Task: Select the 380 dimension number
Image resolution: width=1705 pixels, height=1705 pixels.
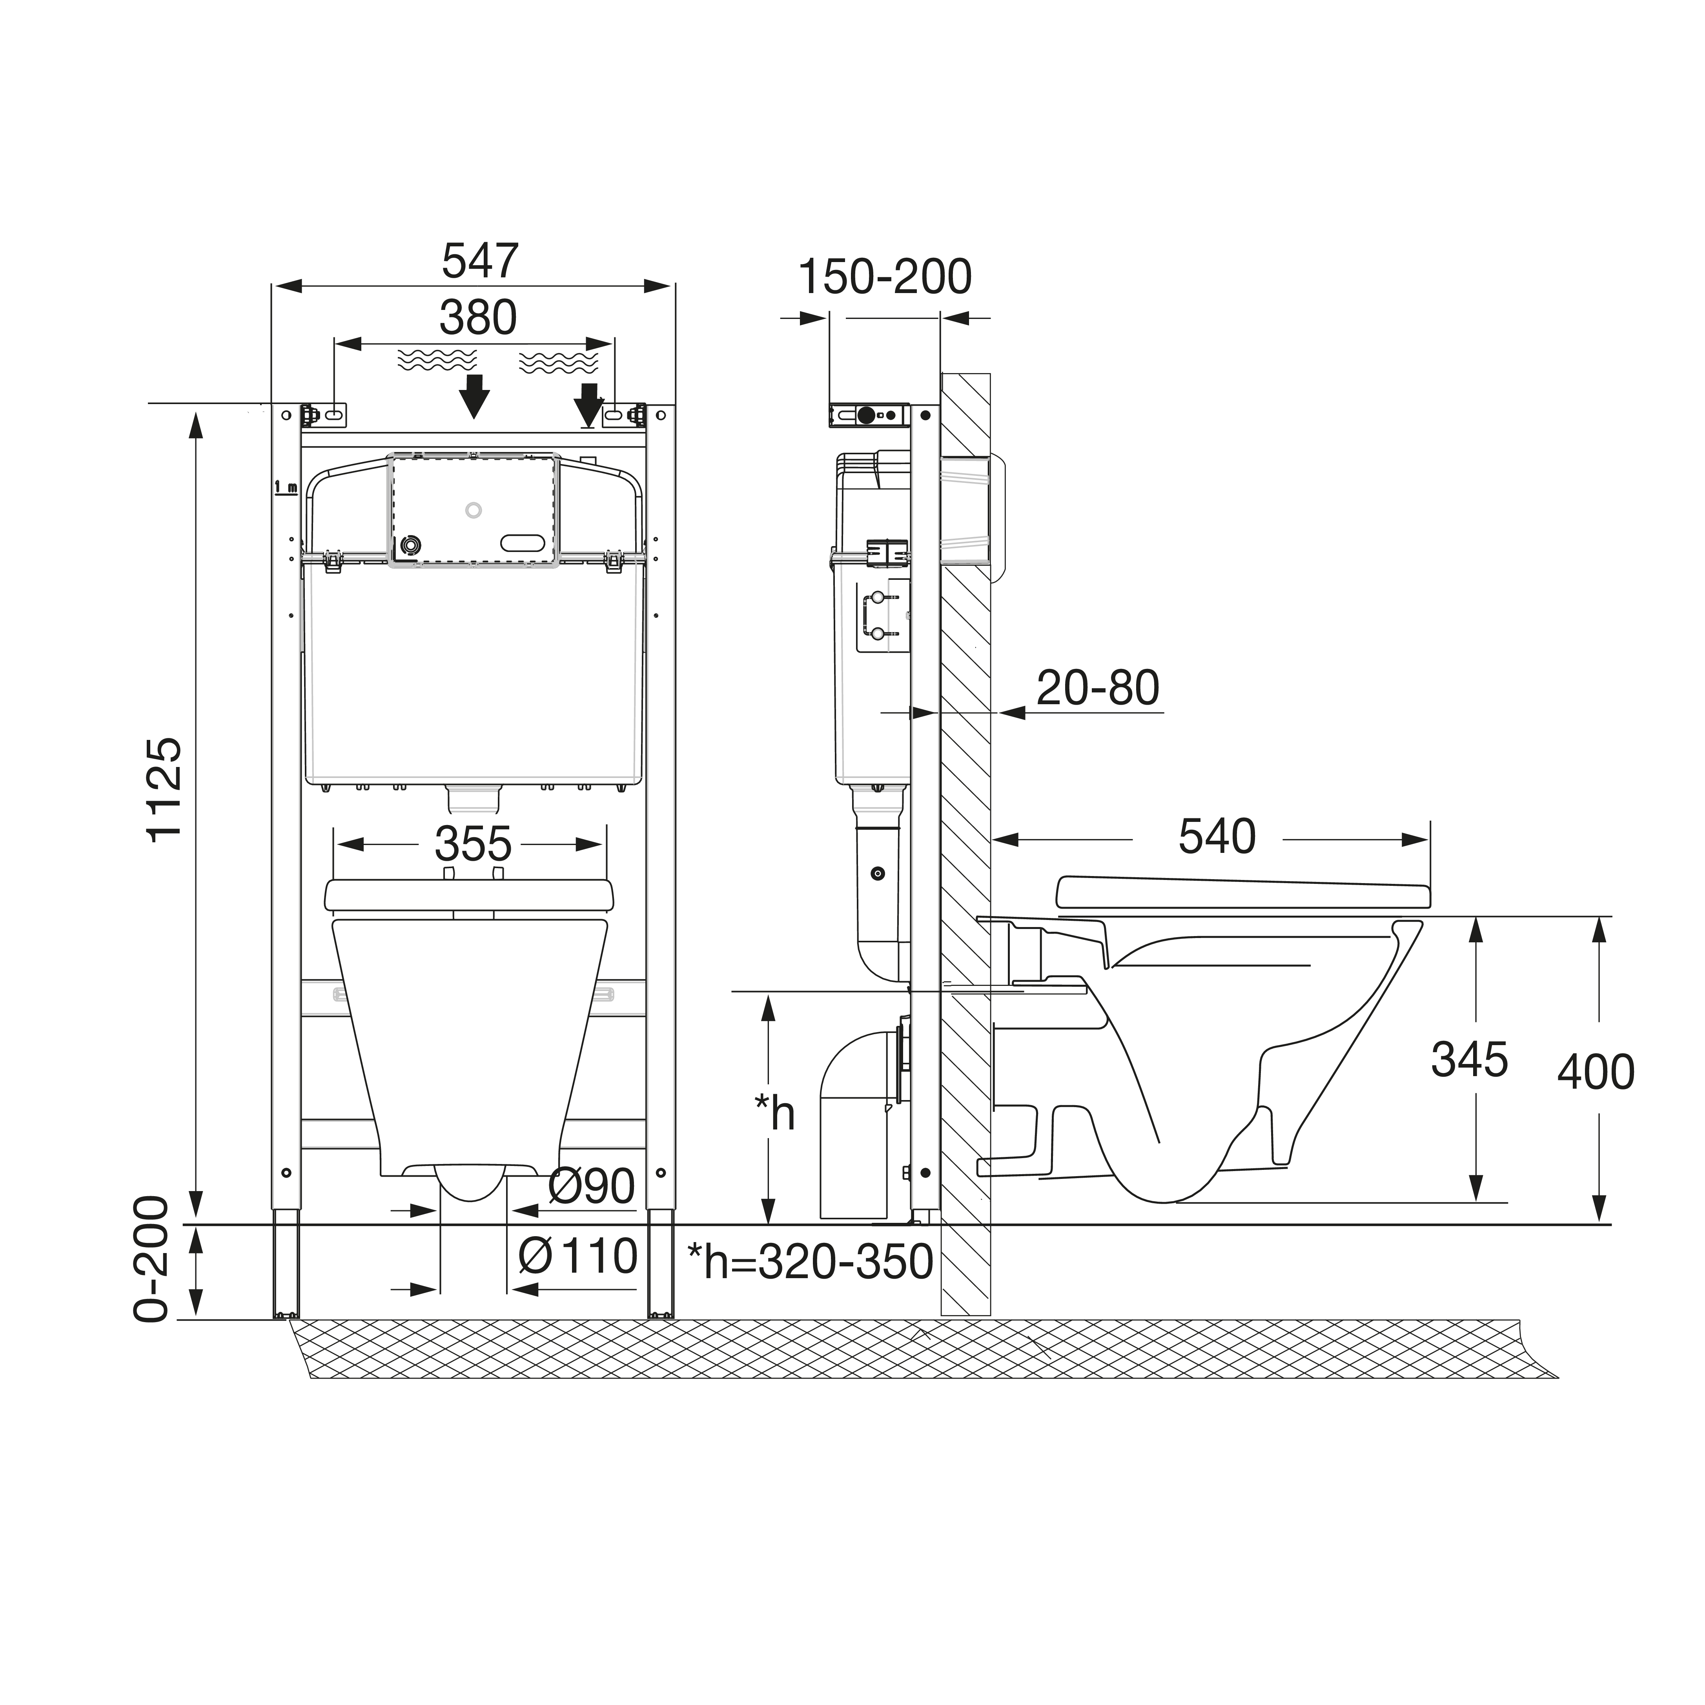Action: [x=478, y=318]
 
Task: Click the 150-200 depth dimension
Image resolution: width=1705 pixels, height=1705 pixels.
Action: [x=885, y=277]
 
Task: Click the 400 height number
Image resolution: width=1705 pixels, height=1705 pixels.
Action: [x=1596, y=1072]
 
